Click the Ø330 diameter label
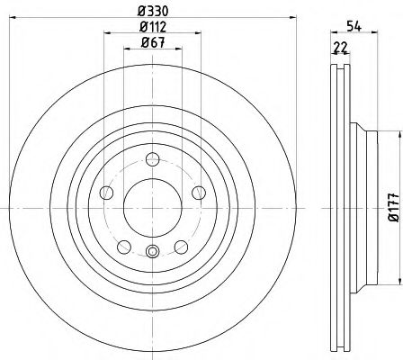151,11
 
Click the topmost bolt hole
151,160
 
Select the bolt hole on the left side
106,193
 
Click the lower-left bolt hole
123,245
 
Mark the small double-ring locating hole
151,253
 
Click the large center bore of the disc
151,207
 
